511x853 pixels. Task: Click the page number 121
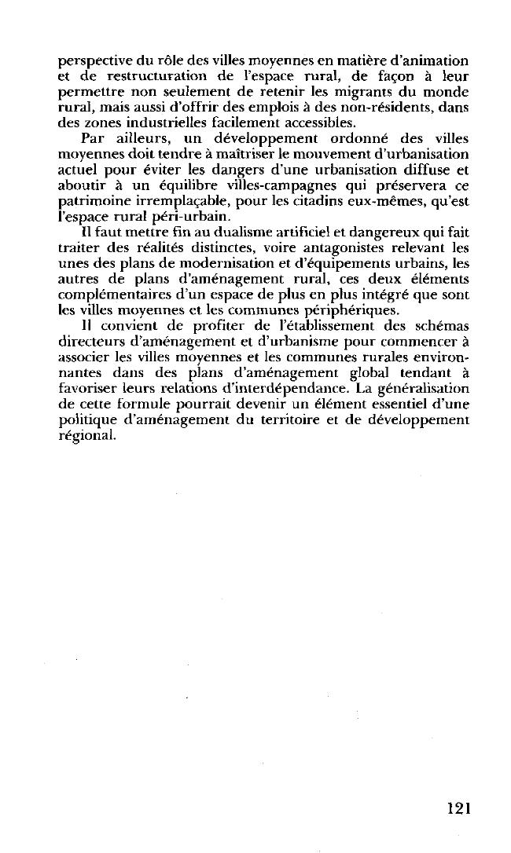click(453, 808)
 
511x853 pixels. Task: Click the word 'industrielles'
click(167, 122)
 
